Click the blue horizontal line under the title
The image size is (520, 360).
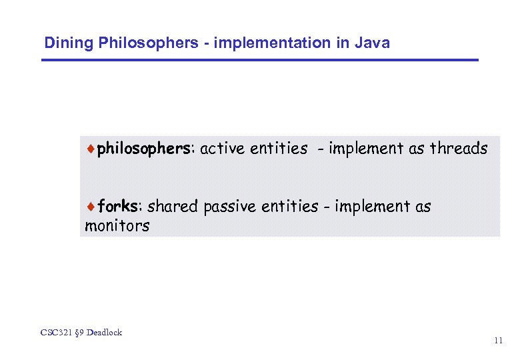tap(260, 61)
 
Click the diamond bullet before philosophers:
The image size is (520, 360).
tap(91, 149)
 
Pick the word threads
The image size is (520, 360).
tap(459, 149)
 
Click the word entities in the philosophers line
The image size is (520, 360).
tap(279, 149)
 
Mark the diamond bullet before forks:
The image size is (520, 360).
tap(91, 207)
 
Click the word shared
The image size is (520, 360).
tap(173, 207)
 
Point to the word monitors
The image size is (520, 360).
tap(117, 226)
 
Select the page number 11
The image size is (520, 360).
tap(499, 341)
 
